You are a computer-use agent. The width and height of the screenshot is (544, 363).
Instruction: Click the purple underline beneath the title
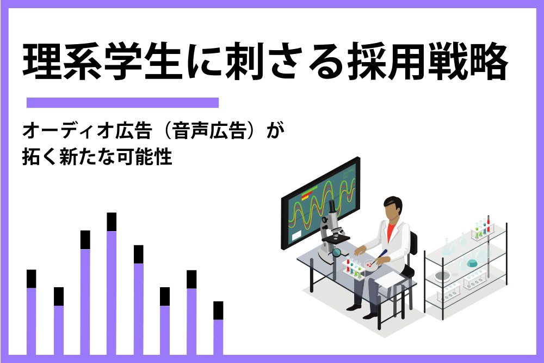click(122, 102)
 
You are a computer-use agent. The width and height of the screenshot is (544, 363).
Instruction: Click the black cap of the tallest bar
click(112, 222)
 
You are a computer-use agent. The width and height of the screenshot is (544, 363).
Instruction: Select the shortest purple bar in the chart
click(218, 337)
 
